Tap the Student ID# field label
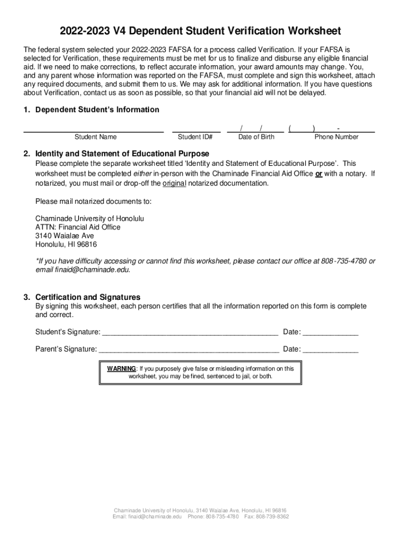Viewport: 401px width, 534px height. [195, 137]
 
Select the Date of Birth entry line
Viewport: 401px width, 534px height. [256, 131]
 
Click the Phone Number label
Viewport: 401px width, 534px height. [336, 137]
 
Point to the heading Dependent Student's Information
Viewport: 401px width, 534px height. [97, 110]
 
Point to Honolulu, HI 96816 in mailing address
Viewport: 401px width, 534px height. [66, 245]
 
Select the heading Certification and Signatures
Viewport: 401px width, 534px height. [87, 297]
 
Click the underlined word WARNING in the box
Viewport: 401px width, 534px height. [122, 369]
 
